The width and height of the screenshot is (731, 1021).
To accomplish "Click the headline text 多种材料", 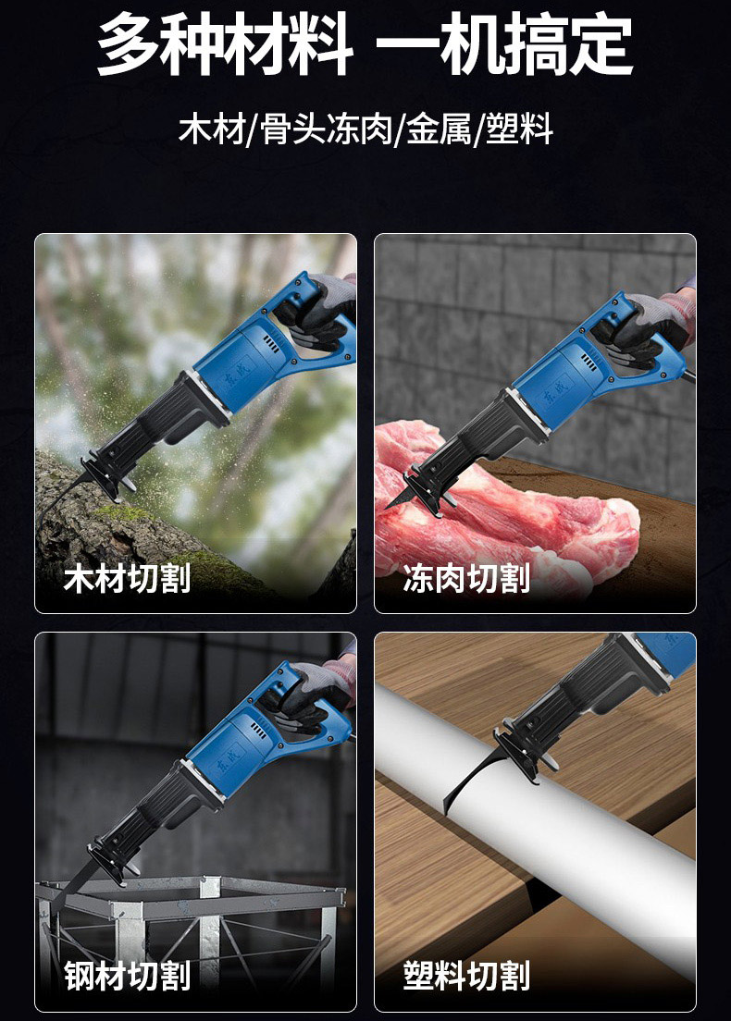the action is [x=225, y=45].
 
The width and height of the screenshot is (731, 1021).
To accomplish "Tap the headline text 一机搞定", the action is [x=505, y=45].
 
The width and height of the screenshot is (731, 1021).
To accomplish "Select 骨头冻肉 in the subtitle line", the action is [x=326, y=129].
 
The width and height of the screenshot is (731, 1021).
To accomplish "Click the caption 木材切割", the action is [x=127, y=578].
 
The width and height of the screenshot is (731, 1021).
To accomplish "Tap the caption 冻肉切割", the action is [x=466, y=578].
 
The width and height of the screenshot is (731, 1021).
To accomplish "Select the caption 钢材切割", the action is [x=127, y=976].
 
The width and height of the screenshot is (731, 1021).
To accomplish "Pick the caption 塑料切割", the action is [x=466, y=976].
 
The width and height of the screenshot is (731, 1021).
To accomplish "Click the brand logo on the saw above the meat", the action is [x=556, y=390].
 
